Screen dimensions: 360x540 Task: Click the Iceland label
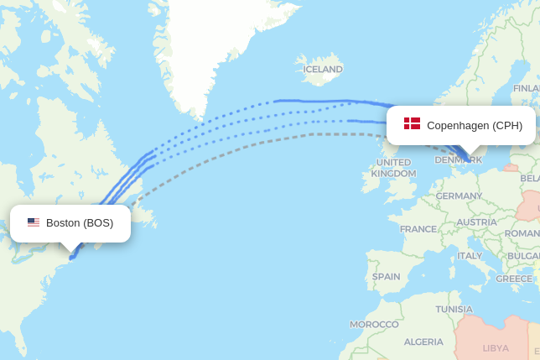coord(323,69)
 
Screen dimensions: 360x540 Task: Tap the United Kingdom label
coord(393,168)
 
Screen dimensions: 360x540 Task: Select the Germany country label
coord(459,196)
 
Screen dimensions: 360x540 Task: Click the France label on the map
coord(418,229)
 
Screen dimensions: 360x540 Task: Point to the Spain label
coord(386,276)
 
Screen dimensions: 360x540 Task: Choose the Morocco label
coord(374,324)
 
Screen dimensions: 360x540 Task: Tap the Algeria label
coord(423,342)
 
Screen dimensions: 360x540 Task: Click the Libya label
coord(496,347)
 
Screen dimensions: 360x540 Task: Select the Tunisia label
coord(454,309)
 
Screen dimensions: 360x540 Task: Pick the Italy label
coord(470,255)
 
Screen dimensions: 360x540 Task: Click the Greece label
coord(514,279)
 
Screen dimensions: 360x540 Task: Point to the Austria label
coord(476,222)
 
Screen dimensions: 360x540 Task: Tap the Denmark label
coord(458,159)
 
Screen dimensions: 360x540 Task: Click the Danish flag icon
coord(412,124)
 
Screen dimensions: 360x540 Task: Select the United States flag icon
coord(34,222)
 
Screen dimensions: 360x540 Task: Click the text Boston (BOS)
coord(80,222)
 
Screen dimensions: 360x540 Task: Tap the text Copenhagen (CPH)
coord(475,125)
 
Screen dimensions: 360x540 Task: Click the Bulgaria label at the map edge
coord(524,255)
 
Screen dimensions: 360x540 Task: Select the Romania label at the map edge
coord(522,232)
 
